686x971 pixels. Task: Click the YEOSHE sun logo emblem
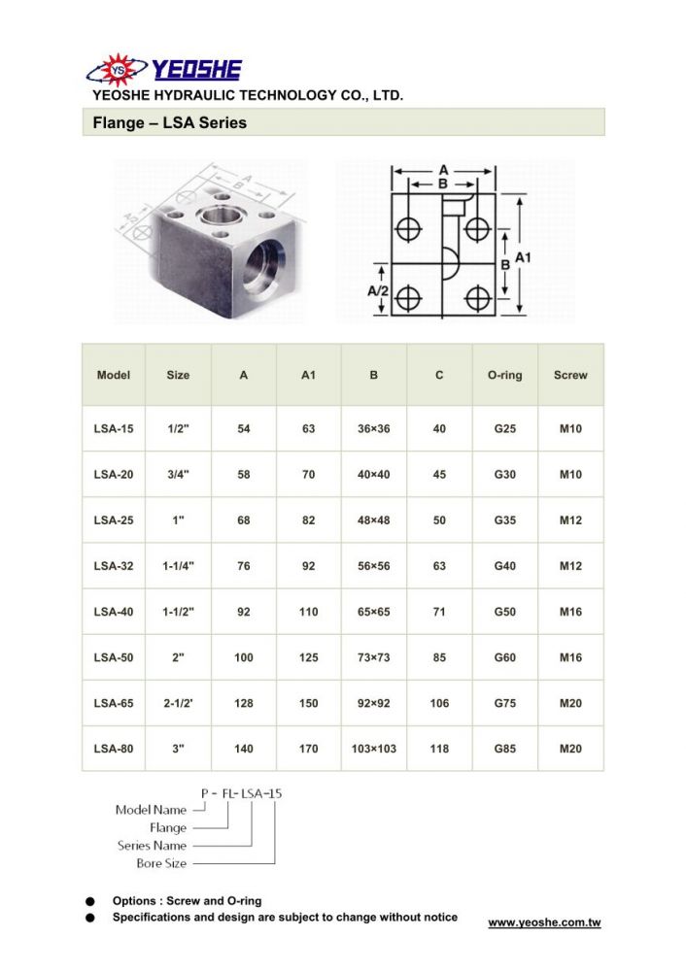[118, 70]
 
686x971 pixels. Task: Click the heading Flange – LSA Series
[169, 122]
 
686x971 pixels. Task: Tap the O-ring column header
[504, 375]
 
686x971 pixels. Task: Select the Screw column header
[570, 375]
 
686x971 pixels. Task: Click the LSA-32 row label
[114, 566]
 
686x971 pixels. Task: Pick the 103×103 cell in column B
[374, 749]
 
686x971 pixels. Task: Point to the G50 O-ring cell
[504, 612]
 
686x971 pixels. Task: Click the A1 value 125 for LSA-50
[309, 657]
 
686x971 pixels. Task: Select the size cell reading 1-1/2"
[178, 612]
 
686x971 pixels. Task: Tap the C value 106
[439, 703]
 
